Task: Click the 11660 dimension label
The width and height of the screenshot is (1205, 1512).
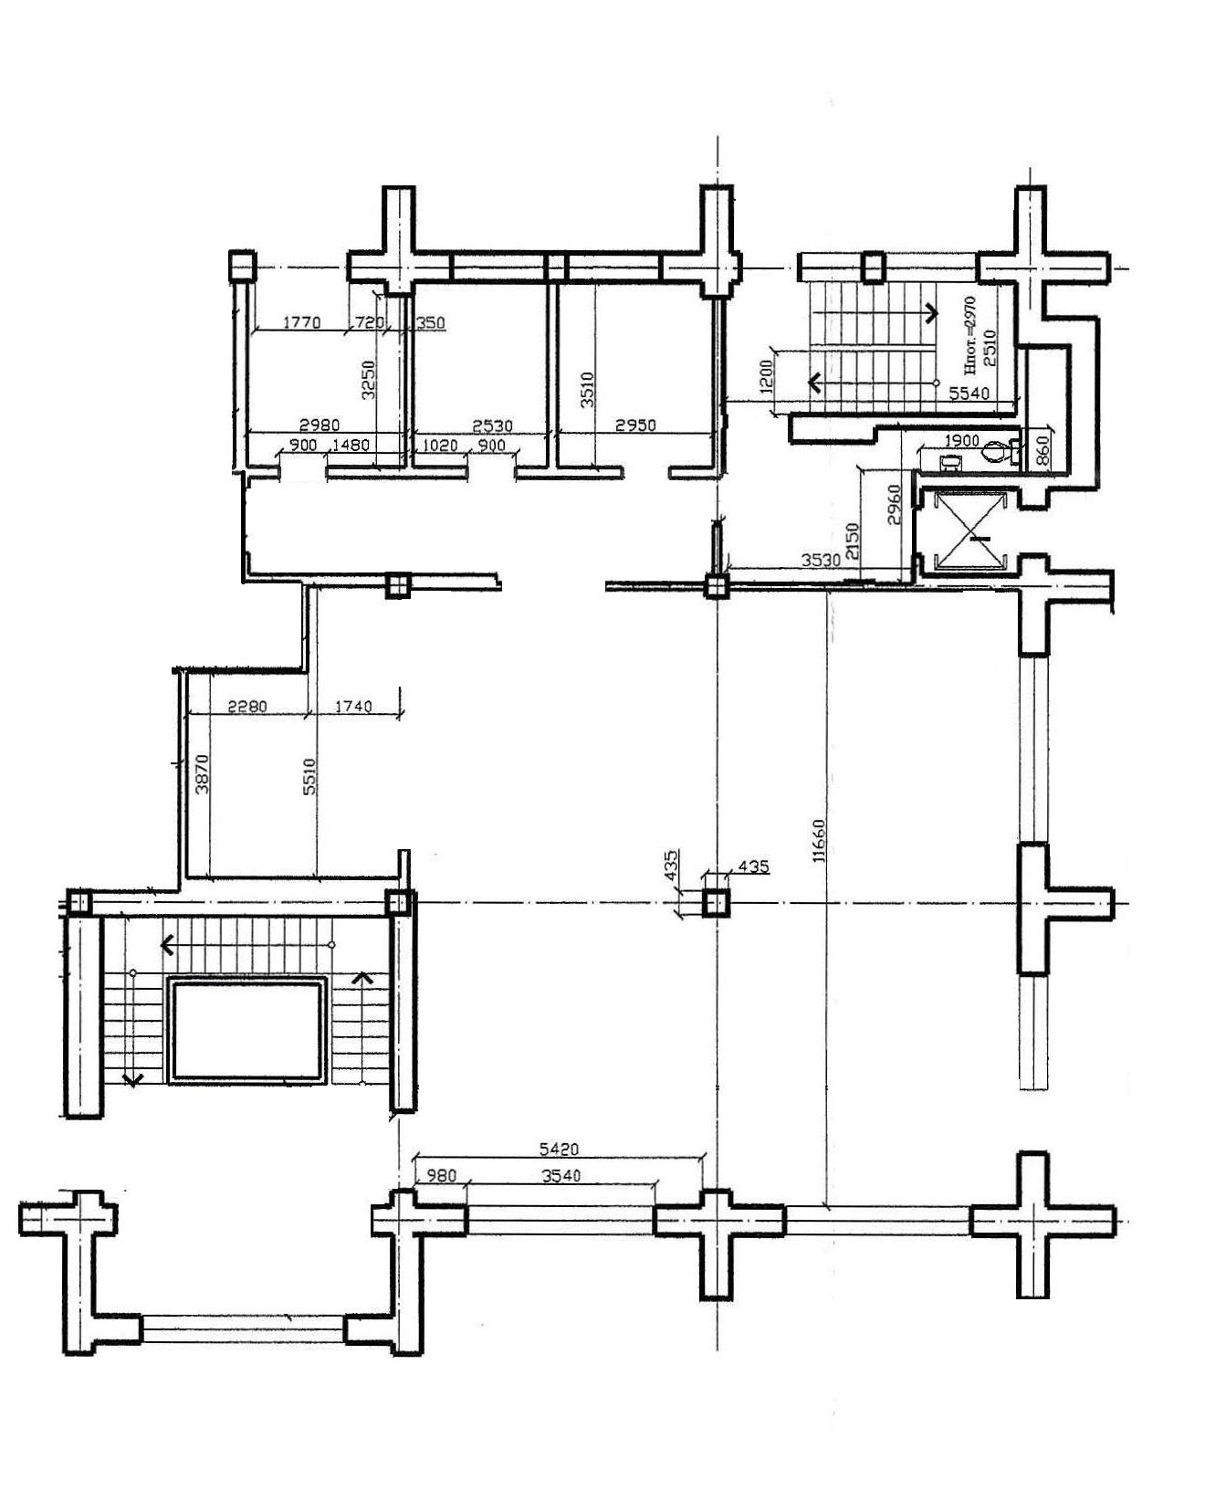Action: pos(820,841)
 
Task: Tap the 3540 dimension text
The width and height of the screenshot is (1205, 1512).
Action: pos(561,1175)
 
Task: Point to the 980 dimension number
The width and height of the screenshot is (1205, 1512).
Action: pos(441,1175)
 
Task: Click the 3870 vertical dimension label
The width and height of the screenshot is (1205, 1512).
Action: pos(203,772)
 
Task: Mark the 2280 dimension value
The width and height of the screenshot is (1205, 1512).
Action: pos(246,706)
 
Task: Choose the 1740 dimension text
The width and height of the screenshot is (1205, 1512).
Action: pos(353,706)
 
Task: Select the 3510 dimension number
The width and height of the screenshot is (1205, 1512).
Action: pos(589,388)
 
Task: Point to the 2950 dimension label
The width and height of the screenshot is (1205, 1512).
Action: pos(634,426)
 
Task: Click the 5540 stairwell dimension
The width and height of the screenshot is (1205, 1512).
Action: pos(969,394)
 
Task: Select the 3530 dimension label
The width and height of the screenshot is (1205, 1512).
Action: pos(819,561)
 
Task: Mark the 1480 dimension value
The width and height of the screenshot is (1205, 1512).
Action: pos(351,446)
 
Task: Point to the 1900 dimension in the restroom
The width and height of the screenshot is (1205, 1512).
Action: pos(961,441)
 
